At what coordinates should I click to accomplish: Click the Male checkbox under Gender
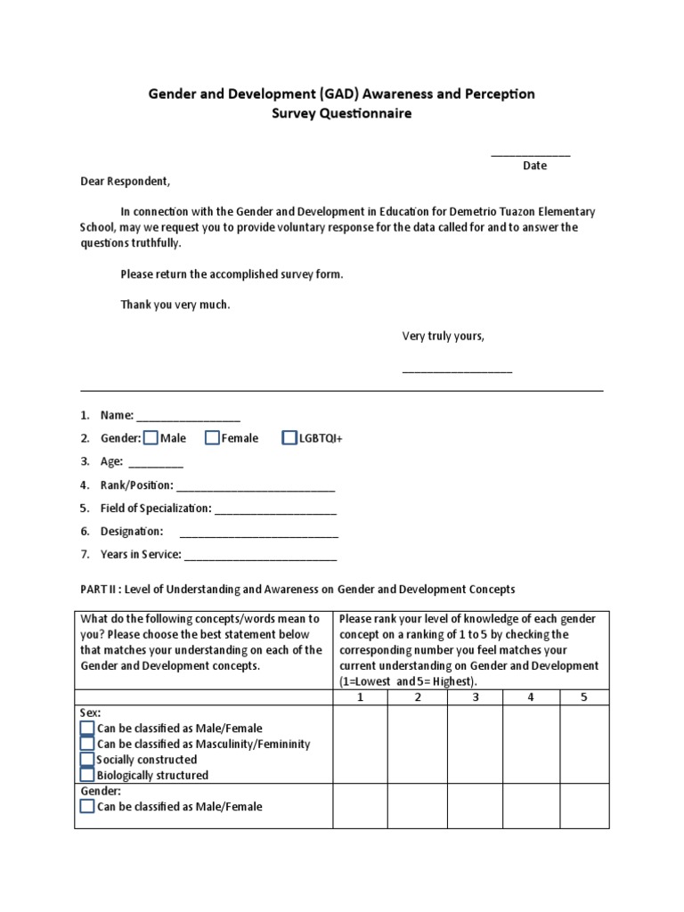(x=151, y=437)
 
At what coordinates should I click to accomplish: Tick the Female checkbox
(x=212, y=437)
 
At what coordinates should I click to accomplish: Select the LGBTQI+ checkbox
(x=289, y=437)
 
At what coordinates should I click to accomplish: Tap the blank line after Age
(x=156, y=463)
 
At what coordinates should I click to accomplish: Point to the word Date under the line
(x=534, y=166)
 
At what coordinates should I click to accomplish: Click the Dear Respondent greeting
(x=124, y=181)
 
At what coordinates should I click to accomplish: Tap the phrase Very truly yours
(x=443, y=336)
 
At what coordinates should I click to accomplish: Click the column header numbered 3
(x=474, y=697)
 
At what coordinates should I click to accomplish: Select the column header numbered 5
(x=584, y=697)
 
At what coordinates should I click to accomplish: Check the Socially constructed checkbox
(x=86, y=760)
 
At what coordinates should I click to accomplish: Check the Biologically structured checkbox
(x=86, y=775)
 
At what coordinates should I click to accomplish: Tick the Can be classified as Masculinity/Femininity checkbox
(x=86, y=744)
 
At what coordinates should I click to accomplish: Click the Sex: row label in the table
(x=90, y=713)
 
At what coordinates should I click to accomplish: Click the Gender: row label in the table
(x=100, y=791)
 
